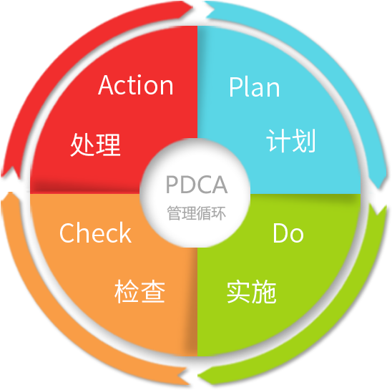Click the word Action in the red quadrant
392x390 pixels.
[136, 85]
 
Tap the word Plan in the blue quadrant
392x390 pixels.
[254, 87]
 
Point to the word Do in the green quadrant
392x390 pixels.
[288, 233]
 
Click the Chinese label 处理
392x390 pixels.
[96, 145]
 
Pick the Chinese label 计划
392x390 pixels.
[291, 140]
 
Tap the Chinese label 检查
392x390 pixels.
[139, 291]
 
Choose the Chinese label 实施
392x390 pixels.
[252, 292]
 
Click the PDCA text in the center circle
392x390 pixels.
[197, 185]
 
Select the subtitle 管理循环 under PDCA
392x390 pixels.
[197, 213]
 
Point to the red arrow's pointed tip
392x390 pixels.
[193, 6]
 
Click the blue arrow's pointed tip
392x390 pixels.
[380, 187]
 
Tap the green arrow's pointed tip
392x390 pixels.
[198, 376]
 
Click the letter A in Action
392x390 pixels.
[105, 85]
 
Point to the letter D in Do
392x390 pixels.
[280, 233]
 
